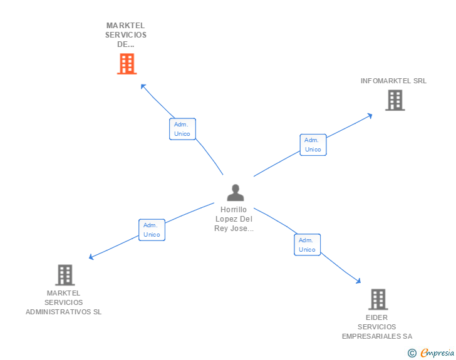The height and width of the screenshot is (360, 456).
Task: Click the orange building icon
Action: tap(127, 64)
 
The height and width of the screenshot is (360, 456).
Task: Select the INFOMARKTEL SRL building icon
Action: tap(395, 100)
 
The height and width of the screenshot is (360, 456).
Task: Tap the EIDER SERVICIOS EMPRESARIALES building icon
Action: tap(378, 299)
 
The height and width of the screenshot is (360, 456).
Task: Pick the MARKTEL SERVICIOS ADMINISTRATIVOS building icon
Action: tap(65, 275)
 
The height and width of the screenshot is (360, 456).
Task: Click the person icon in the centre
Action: tap(235, 193)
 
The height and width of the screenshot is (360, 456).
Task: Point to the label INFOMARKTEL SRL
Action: tap(393, 81)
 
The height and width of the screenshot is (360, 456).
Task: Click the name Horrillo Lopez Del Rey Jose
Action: tap(234, 219)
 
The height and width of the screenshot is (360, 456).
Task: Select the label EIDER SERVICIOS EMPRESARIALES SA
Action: tap(377, 327)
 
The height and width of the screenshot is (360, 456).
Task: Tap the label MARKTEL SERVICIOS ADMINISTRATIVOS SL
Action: tap(63, 302)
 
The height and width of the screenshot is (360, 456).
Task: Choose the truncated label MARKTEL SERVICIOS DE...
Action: tap(126, 35)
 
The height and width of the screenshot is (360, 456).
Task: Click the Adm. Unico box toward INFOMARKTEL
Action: tap(313, 145)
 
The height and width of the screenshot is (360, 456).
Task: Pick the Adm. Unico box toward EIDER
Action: tap(307, 245)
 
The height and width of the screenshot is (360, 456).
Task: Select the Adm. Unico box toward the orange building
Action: tap(182, 129)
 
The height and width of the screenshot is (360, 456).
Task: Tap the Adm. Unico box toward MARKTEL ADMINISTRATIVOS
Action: tap(152, 230)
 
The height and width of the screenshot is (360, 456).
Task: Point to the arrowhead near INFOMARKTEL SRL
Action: tap(370, 115)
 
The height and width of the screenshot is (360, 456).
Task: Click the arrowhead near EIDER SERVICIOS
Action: tap(358, 281)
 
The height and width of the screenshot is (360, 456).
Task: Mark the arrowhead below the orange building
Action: tap(143, 86)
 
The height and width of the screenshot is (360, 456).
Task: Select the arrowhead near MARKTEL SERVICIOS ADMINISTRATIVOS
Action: tap(91, 257)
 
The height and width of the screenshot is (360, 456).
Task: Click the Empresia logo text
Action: tap(438, 352)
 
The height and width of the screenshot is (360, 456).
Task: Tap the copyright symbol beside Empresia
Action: tap(412, 353)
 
